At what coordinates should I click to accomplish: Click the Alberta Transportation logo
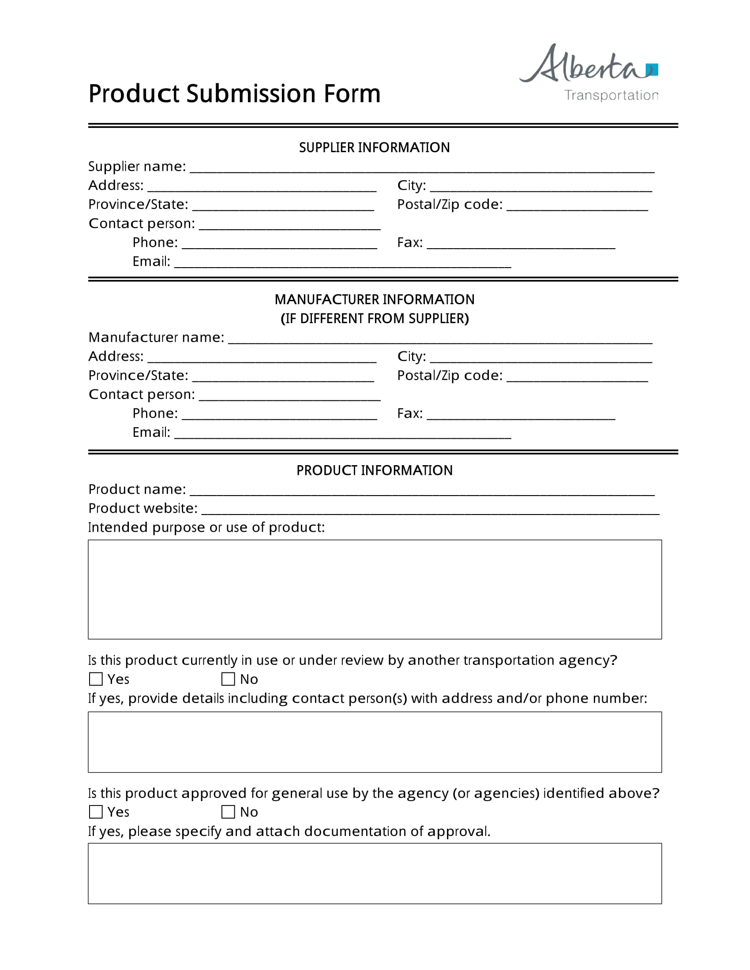click(589, 73)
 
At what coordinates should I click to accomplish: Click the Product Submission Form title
click(234, 94)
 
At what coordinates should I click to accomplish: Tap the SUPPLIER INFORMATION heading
click(374, 147)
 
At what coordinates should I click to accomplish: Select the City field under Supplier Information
click(540, 186)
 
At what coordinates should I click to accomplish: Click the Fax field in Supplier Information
click(520, 243)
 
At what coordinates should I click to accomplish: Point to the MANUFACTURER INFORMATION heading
click(374, 300)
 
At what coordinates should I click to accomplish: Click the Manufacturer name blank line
click(440, 339)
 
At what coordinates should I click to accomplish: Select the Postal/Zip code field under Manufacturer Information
click(577, 376)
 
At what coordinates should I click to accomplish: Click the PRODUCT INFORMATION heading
click(374, 471)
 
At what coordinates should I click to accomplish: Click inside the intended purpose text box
click(374, 589)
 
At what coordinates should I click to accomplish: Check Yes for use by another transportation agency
click(96, 679)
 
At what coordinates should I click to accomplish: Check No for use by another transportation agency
click(228, 679)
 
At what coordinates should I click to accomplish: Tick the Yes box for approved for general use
click(96, 812)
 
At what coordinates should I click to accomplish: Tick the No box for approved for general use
click(228, 812)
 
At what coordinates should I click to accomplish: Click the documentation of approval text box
click(374, 873)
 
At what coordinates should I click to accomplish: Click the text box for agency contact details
click(374, 742)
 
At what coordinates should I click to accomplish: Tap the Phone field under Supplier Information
click(279, 243)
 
